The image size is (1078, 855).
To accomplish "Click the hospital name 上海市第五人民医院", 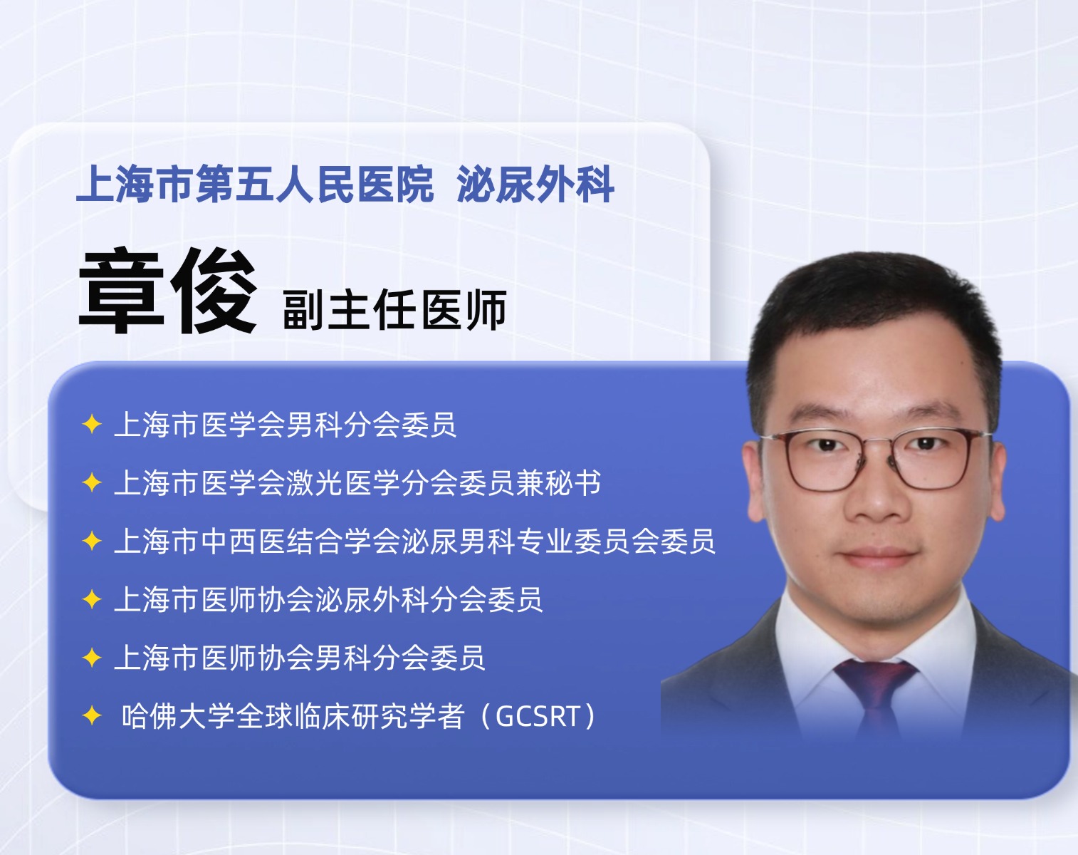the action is point(255,184).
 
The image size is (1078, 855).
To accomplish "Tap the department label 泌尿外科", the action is point(535,184).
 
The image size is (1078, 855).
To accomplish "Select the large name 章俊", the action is point(168,291).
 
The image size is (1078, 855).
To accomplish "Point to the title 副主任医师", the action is point(394,309).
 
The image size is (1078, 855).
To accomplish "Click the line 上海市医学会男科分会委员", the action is point(285,425).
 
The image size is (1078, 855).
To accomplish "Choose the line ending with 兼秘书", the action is point(357,483).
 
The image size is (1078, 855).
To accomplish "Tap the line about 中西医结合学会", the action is point(415,541).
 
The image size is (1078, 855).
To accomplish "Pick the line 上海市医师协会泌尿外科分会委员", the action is point(329,599).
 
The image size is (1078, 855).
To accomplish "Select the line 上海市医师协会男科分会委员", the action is point(300,658).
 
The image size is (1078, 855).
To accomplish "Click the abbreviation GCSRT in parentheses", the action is point(538,716).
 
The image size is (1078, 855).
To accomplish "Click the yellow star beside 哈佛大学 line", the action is point(92,715).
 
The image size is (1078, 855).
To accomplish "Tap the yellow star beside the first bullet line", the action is point(92,425).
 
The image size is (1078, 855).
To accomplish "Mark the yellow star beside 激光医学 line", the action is point(92,483).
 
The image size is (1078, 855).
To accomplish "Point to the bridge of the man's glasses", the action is point(877,443).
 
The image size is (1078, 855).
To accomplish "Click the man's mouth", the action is point(878,556).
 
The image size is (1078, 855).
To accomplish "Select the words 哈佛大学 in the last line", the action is point(179,716).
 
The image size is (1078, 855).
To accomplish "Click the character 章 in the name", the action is point(121,291).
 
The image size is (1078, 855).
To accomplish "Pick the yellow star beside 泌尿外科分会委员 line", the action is point(92,599).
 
